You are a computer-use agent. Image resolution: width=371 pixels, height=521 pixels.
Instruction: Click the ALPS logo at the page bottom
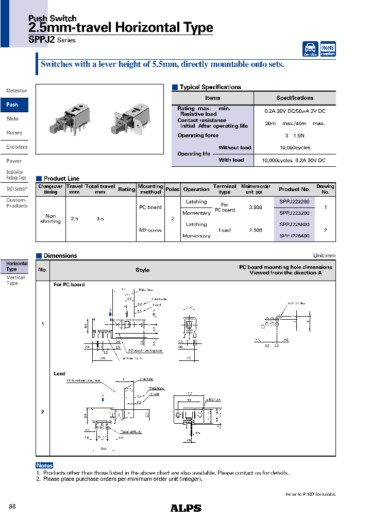pos(185,508)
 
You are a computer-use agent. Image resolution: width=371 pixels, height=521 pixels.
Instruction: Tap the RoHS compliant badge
pos(328,49)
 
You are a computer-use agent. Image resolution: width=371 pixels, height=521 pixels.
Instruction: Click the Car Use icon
pos(310,49)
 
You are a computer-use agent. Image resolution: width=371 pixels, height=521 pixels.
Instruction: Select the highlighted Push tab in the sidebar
pos(13,105)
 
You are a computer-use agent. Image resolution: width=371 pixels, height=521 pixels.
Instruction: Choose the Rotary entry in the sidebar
pos(14,133)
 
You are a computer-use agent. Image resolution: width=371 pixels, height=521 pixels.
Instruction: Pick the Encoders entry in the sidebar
pos(16,147)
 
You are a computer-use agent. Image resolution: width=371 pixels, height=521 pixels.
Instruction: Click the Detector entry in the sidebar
pos(16,91)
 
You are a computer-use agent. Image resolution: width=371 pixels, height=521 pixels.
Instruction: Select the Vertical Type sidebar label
pos(15,280)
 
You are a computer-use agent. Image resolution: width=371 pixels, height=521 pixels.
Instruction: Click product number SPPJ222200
pos(294,202)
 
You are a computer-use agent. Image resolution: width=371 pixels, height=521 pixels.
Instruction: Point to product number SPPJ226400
pos(294,236)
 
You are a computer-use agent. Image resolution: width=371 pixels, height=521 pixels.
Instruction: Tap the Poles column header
pos(173,189)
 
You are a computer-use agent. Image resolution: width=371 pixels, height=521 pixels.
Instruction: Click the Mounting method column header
pos(150,189)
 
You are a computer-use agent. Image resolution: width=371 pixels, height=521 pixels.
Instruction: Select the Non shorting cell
pos(50,219)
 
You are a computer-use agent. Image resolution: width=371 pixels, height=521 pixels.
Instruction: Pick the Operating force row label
pos(198,135)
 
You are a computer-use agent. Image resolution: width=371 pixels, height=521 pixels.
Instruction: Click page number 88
pos(12,507)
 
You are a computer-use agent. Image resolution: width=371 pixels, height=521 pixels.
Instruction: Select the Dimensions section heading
pos(60,255)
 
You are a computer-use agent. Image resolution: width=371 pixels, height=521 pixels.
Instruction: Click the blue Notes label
pos(44,465)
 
